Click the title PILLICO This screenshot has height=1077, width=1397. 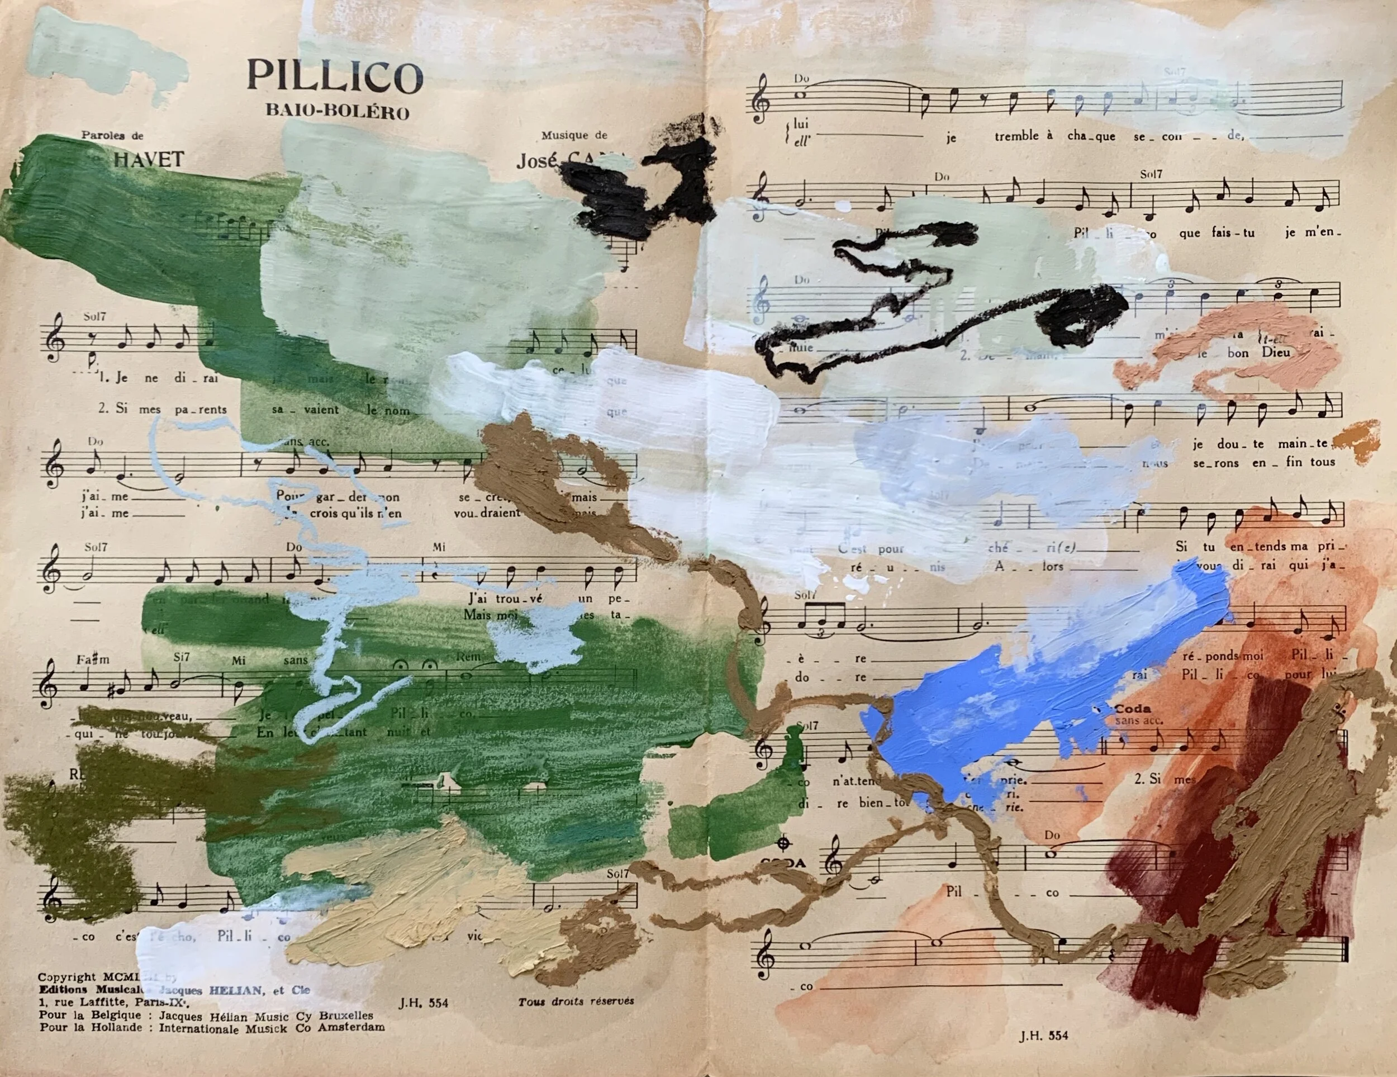(x=335, y=76)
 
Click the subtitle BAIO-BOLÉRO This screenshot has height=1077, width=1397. (x=337, y=112)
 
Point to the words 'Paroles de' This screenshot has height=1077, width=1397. (x=112, y=135)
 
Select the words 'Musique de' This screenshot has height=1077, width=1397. (x=574, y=135)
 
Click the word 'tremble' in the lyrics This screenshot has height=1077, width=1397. (x=1016, y=136)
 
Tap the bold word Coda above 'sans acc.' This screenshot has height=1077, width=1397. (x=1133, y=708)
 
